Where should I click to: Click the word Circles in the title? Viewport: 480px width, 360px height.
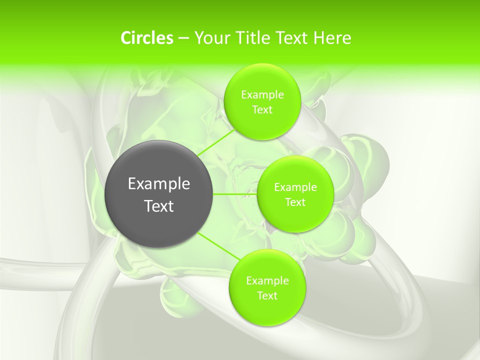coord(147,38)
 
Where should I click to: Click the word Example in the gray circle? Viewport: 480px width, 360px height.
coord(159,184)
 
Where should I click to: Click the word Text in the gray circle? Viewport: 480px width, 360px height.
coord(159,206)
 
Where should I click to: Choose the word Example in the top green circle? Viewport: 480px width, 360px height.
coord(262,94)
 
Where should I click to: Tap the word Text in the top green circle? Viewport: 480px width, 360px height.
coord(262,109)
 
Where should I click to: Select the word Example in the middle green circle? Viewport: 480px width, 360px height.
coord(295,187)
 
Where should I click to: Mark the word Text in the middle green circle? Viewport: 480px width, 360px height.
coord(295,202)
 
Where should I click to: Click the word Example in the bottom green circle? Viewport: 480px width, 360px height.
coord(267,280)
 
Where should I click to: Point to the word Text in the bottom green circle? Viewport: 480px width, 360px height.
coord(267,295)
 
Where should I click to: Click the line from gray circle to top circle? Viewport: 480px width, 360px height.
coord(215,142)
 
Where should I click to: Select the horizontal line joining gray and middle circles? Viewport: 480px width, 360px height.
coord(235,194)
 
